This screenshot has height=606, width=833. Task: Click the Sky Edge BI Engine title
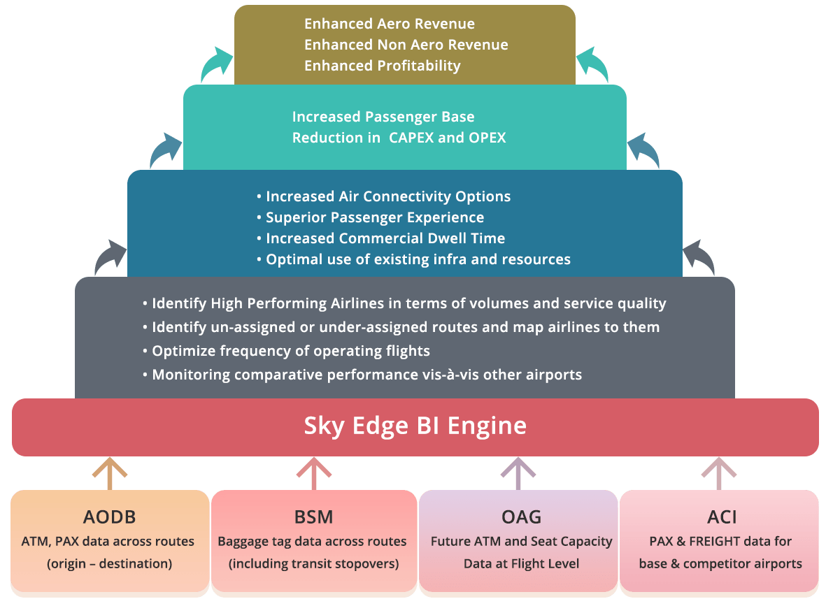coord(415,426)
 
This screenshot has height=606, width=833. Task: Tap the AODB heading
coord(109,517)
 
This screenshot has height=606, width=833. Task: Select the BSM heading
coord(313,517)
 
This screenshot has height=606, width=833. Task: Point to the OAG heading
coord(521,517)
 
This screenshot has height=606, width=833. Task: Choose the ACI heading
coord(722,517)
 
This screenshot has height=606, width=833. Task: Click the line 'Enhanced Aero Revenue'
coord(389,24)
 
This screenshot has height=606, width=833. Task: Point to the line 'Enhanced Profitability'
coord(382,66)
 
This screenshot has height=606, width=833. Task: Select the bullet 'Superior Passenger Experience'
coord(375,217)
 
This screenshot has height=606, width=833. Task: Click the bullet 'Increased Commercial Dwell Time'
coord(385,238)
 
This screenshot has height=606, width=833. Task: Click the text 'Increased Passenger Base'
coord(383,117)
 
